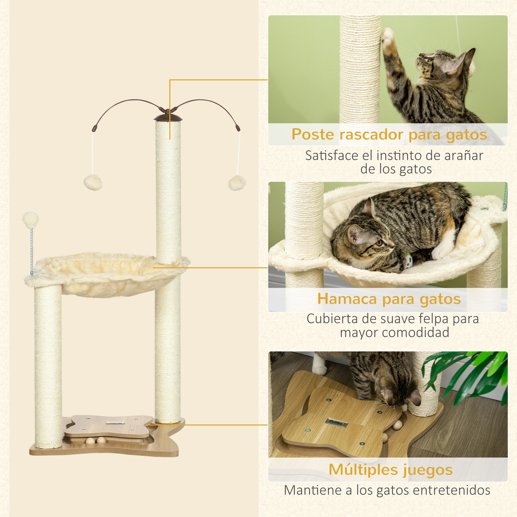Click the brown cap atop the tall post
pyautogui.click(x=168, y=118)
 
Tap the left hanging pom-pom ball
pyautogui.click(x=93, y=183)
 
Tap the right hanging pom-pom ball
pyautogui.click(x=237, y=183)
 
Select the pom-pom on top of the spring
pyautogui.click(x=31, y=219)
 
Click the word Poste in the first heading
pyautogui.click(x=313, y=134)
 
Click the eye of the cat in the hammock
pyautogui.click(x=379, y=243)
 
